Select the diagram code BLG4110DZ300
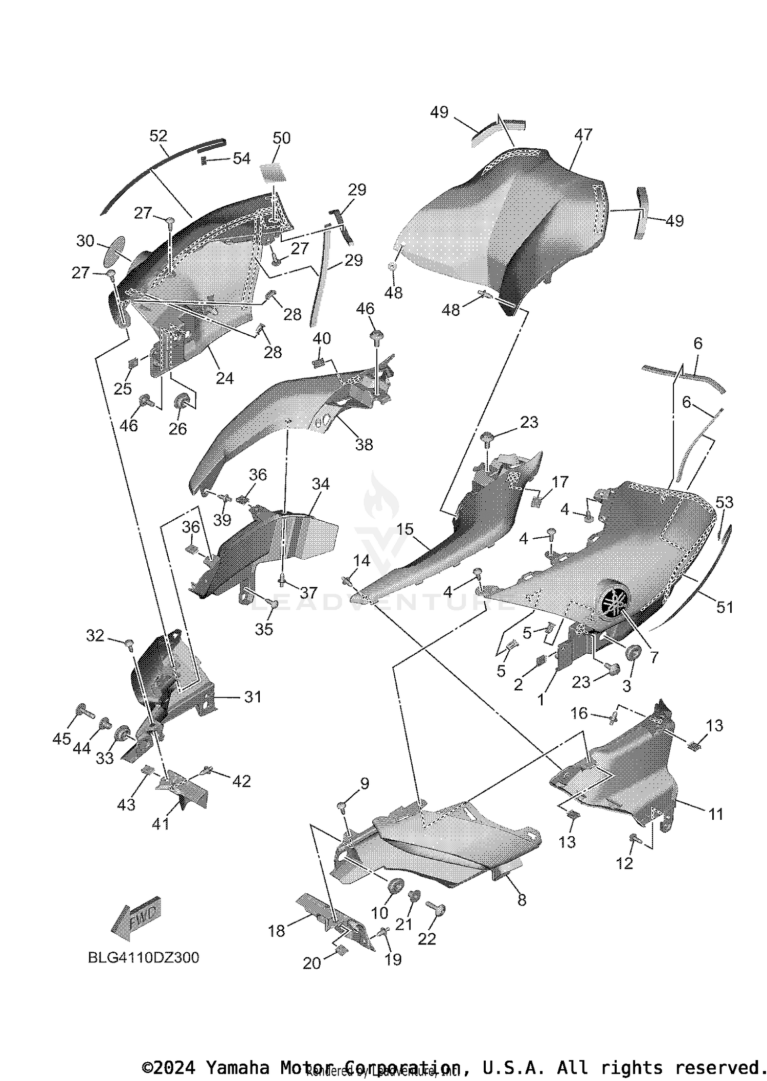(143, 957)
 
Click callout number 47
(583, 134)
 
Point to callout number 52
(159, 136)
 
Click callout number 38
(364, 444)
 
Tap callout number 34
(321, 484)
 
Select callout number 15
(404, 529)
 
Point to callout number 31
(253, 697)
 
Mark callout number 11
(716, 814)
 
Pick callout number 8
(522, 900)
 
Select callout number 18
(276, 931)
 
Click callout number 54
(241, 158)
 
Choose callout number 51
(725, 607)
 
